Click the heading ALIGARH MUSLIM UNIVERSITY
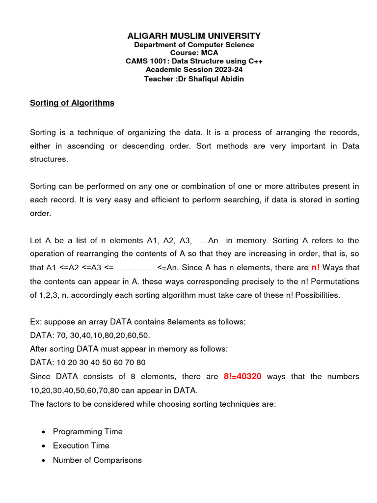coord(194,36)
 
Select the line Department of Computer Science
coord(194,45)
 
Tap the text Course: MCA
coord(194,53)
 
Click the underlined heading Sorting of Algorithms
coord(72,103)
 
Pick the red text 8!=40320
coord(243,377)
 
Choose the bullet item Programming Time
coord(87,432)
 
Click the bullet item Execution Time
coord(81,446)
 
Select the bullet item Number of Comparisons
coord(97,460)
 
